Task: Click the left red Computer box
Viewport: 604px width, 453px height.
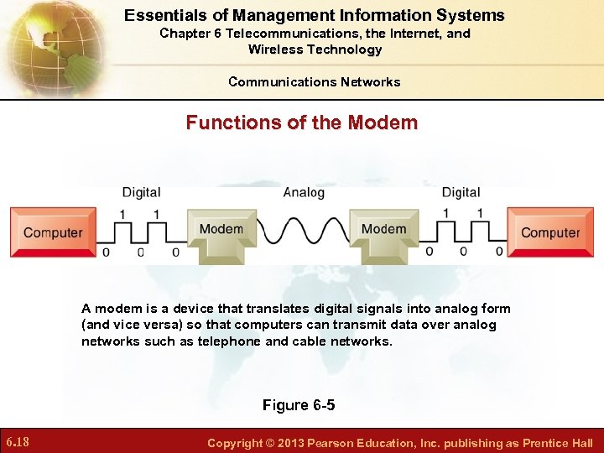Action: [x=53, y=232]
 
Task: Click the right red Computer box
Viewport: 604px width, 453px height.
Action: [x=550, y=232]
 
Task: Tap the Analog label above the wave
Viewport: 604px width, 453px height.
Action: [x=304, y=192]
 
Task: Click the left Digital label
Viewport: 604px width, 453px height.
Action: [x=141, y=192]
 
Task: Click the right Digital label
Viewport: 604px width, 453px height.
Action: [x=461, y=192]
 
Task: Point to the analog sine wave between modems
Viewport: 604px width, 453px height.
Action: [x=303, y=229]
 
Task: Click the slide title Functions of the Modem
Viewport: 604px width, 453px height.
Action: [x=301, y=122]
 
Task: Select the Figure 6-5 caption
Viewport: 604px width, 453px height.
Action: [x=298, y=405]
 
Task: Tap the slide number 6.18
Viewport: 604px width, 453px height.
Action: [x=18, y=442]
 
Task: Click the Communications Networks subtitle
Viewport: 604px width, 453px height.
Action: [x=314, y=81]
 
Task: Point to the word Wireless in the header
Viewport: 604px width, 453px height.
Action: [x=275, y=49]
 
